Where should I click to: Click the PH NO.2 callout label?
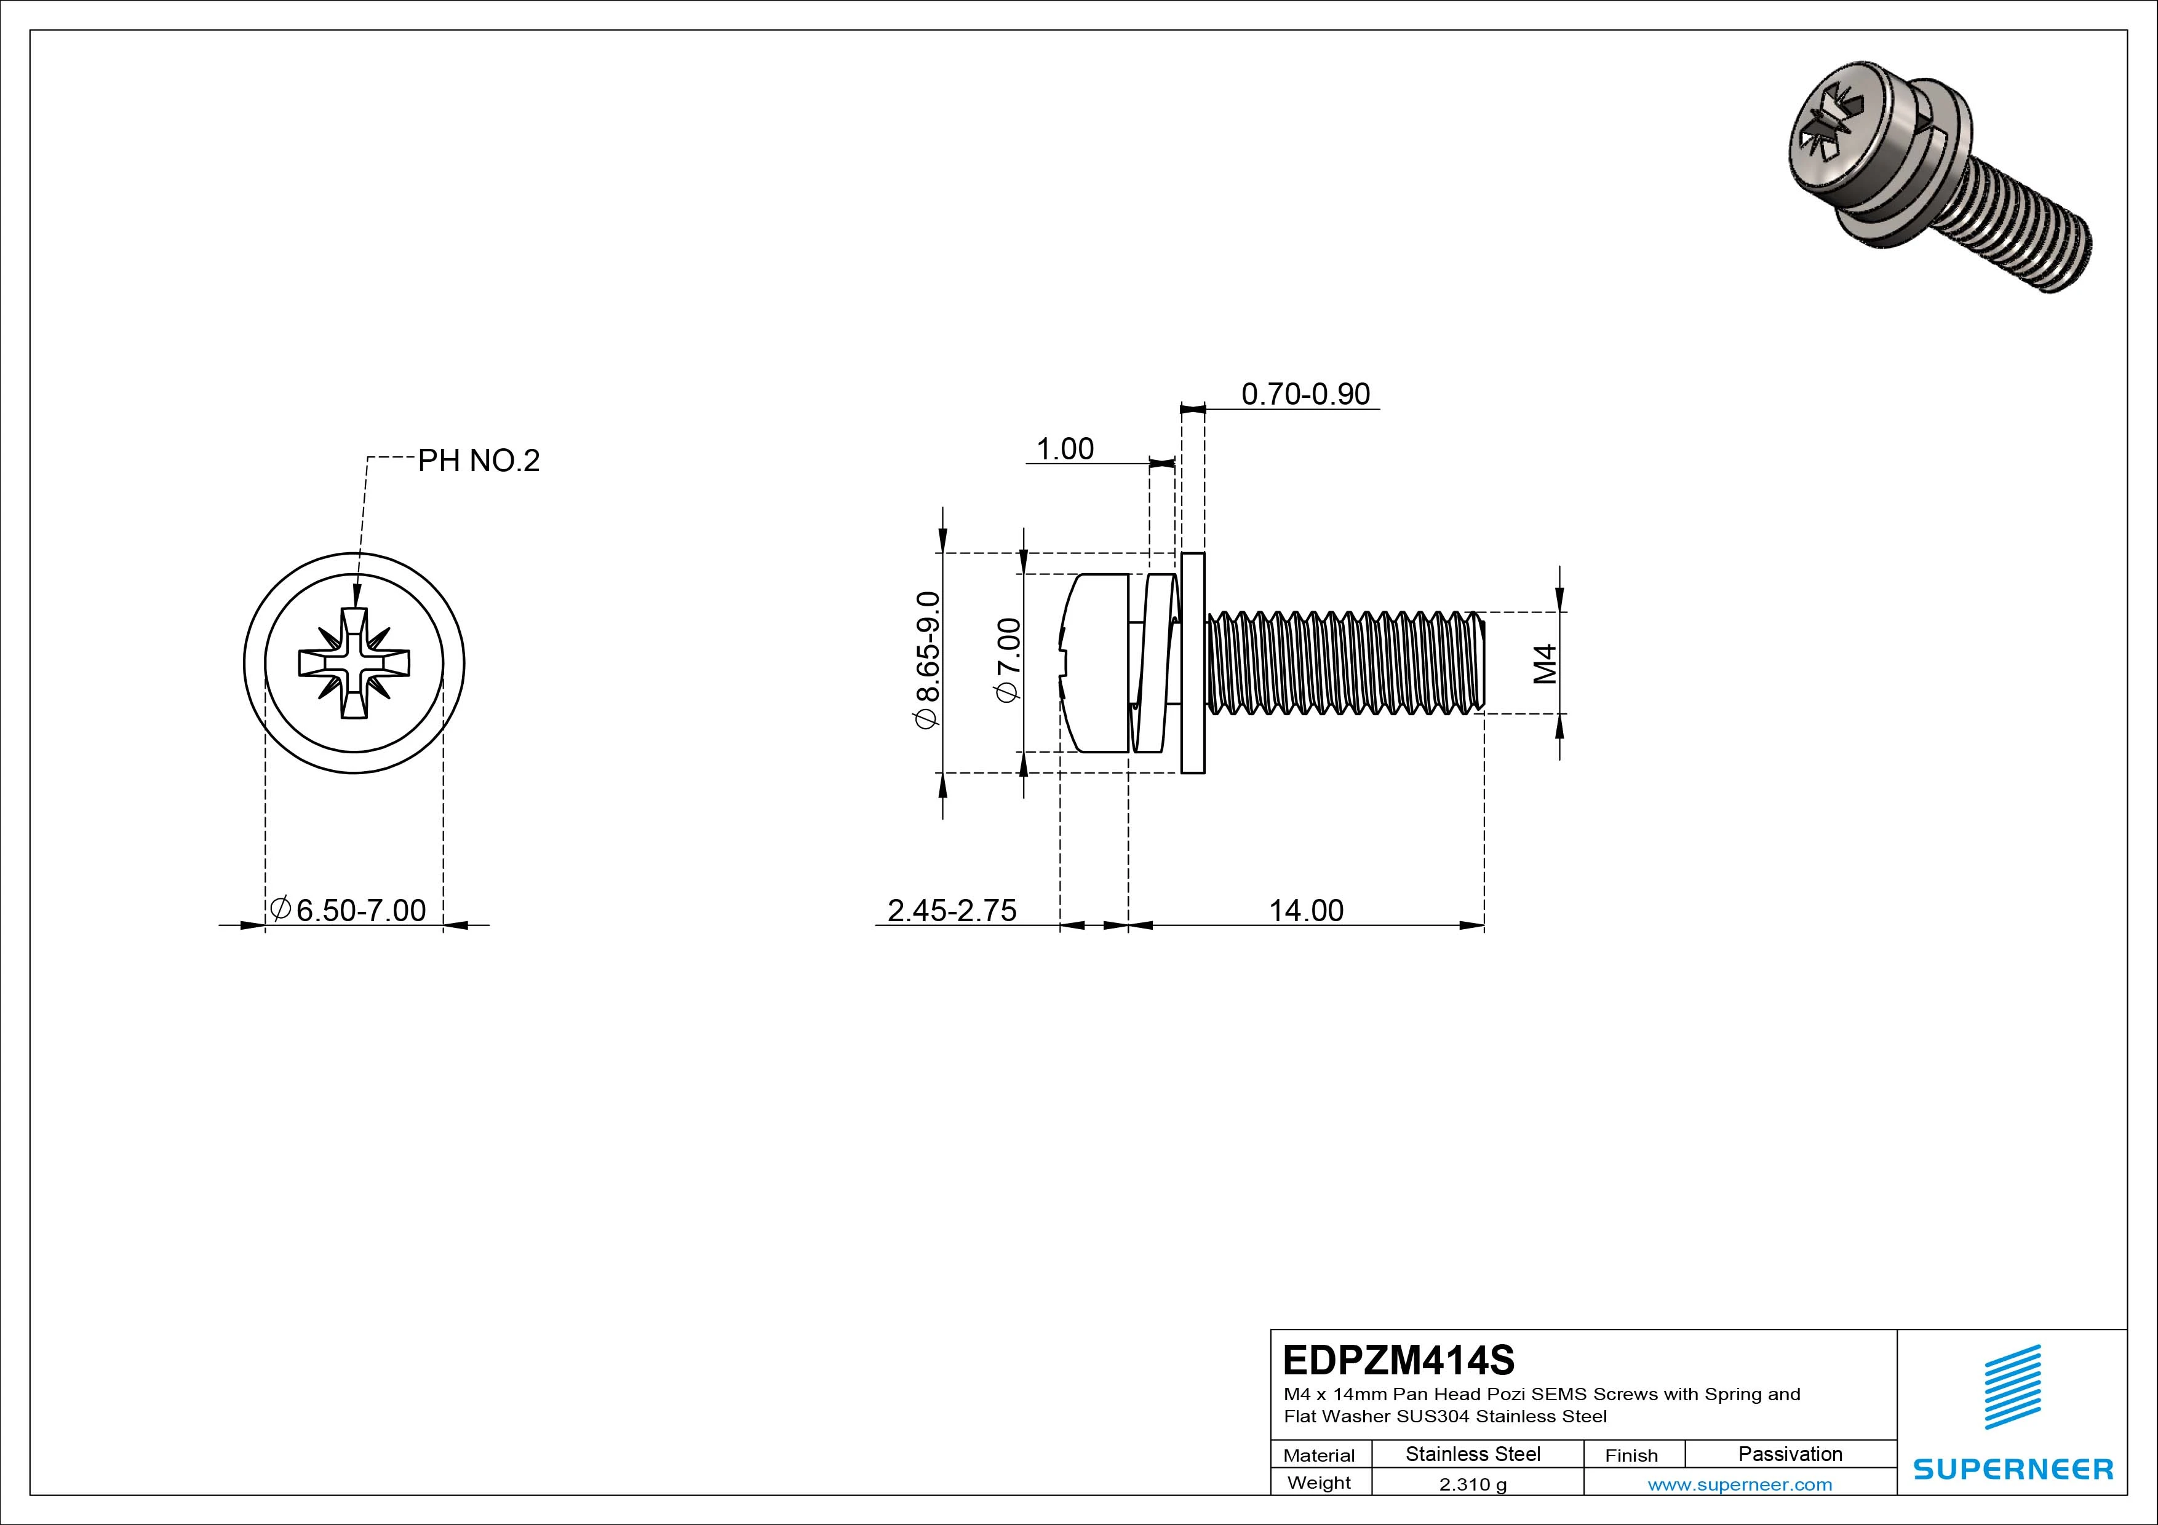pyautogui.click(x=479, y=461)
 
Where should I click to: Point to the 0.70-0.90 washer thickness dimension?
pyautogui.click(x=1305, y=394)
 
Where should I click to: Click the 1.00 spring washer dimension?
pyautogui.click(x=1064, y=449)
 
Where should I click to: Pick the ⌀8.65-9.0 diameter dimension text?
pyautogui.click(x=928, y=660)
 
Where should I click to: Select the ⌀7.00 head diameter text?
pyautogui.click(x=1008, y=660)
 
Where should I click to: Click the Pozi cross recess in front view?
pyautogui.click(x=354, y=663)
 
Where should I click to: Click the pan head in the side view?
pyautogui.click(x=1095, y=663)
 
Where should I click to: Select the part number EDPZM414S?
pyautogui.click(x=1398, y=1360)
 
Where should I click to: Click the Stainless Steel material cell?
pyautogui.click(x=1473, y=1454)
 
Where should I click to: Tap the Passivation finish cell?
pyautogui.click(x=1790, y=1454)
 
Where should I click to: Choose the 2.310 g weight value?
pyautogui.click(x=1473, y=1484)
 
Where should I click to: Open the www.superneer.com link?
pyautogui.click(x=1740, y=1484)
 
